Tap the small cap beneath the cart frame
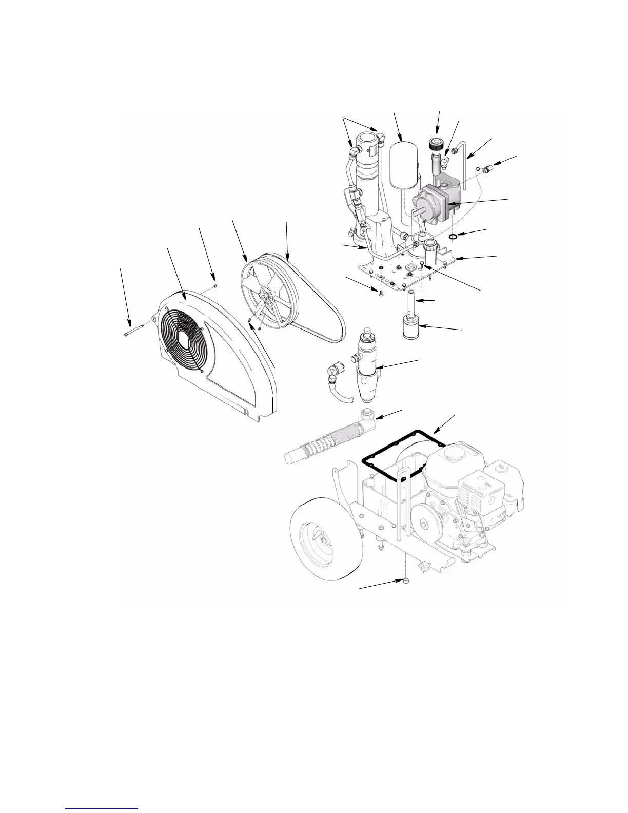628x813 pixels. click(405, 580)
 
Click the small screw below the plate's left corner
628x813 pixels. click(380, 293)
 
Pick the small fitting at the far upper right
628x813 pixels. click(487, 167)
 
